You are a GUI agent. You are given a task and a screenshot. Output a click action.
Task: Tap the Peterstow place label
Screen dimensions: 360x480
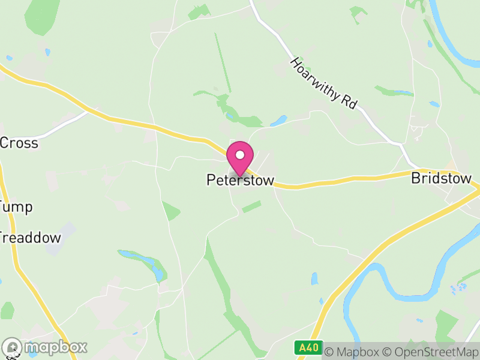[240, 180]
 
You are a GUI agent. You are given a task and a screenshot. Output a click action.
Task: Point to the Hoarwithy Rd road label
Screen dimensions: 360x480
[323, 83]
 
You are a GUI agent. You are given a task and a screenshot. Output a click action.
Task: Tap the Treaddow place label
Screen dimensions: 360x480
[30, 238]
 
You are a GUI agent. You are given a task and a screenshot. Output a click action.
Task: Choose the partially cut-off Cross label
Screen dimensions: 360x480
[19, 143]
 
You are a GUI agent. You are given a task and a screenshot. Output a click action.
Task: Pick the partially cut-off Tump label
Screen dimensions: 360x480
[16, 208]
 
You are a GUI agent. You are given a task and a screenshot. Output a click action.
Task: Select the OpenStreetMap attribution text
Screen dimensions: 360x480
[432, 350]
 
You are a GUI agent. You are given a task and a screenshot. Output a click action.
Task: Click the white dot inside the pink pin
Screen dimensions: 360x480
[240, 155]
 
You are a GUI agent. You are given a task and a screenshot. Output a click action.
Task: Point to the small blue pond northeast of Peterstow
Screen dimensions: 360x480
[278, 121]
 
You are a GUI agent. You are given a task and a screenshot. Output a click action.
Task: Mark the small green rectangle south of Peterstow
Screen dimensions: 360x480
[251, 206]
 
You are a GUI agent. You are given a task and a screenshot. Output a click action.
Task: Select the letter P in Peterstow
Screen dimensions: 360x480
[211, 180]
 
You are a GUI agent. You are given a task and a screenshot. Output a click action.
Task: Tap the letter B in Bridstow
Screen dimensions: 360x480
[415, 179]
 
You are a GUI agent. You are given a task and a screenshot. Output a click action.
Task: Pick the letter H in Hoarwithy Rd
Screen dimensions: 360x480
[295, 64]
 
